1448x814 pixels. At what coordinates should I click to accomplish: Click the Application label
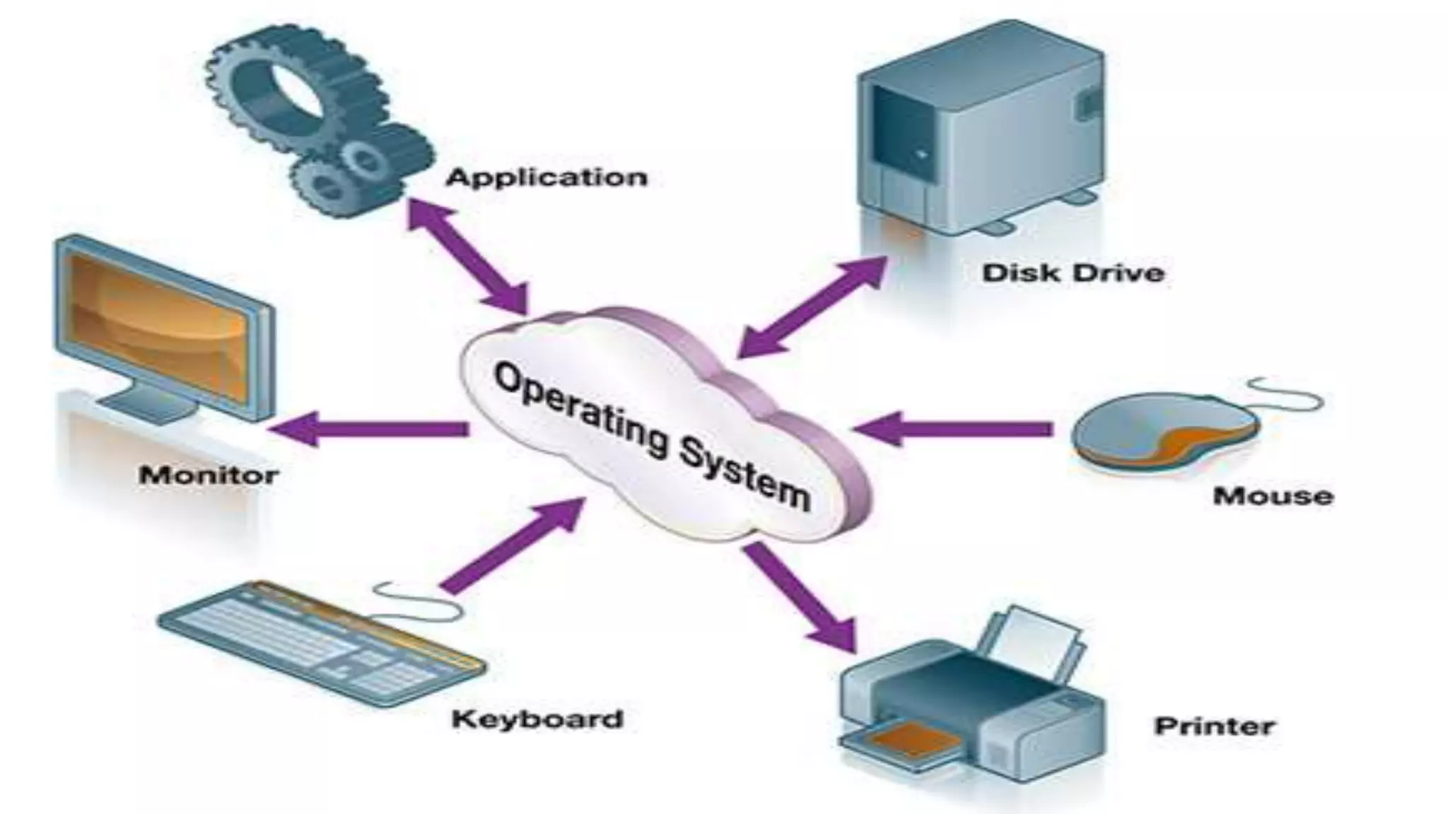click(x=547, y=177)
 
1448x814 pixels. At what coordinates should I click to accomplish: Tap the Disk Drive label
click(x=1073, y=273)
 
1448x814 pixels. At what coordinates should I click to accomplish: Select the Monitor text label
click(x=209, y=475)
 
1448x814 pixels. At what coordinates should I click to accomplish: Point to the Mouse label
click(x=1273, y=495)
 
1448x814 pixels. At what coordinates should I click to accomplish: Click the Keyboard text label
click(x=537, y=719)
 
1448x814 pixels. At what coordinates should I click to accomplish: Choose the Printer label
click(x=1214, y=726)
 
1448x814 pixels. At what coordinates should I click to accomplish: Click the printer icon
click(x=972, y=700)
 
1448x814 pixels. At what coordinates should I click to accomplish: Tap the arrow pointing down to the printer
click(x=799, y=597)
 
